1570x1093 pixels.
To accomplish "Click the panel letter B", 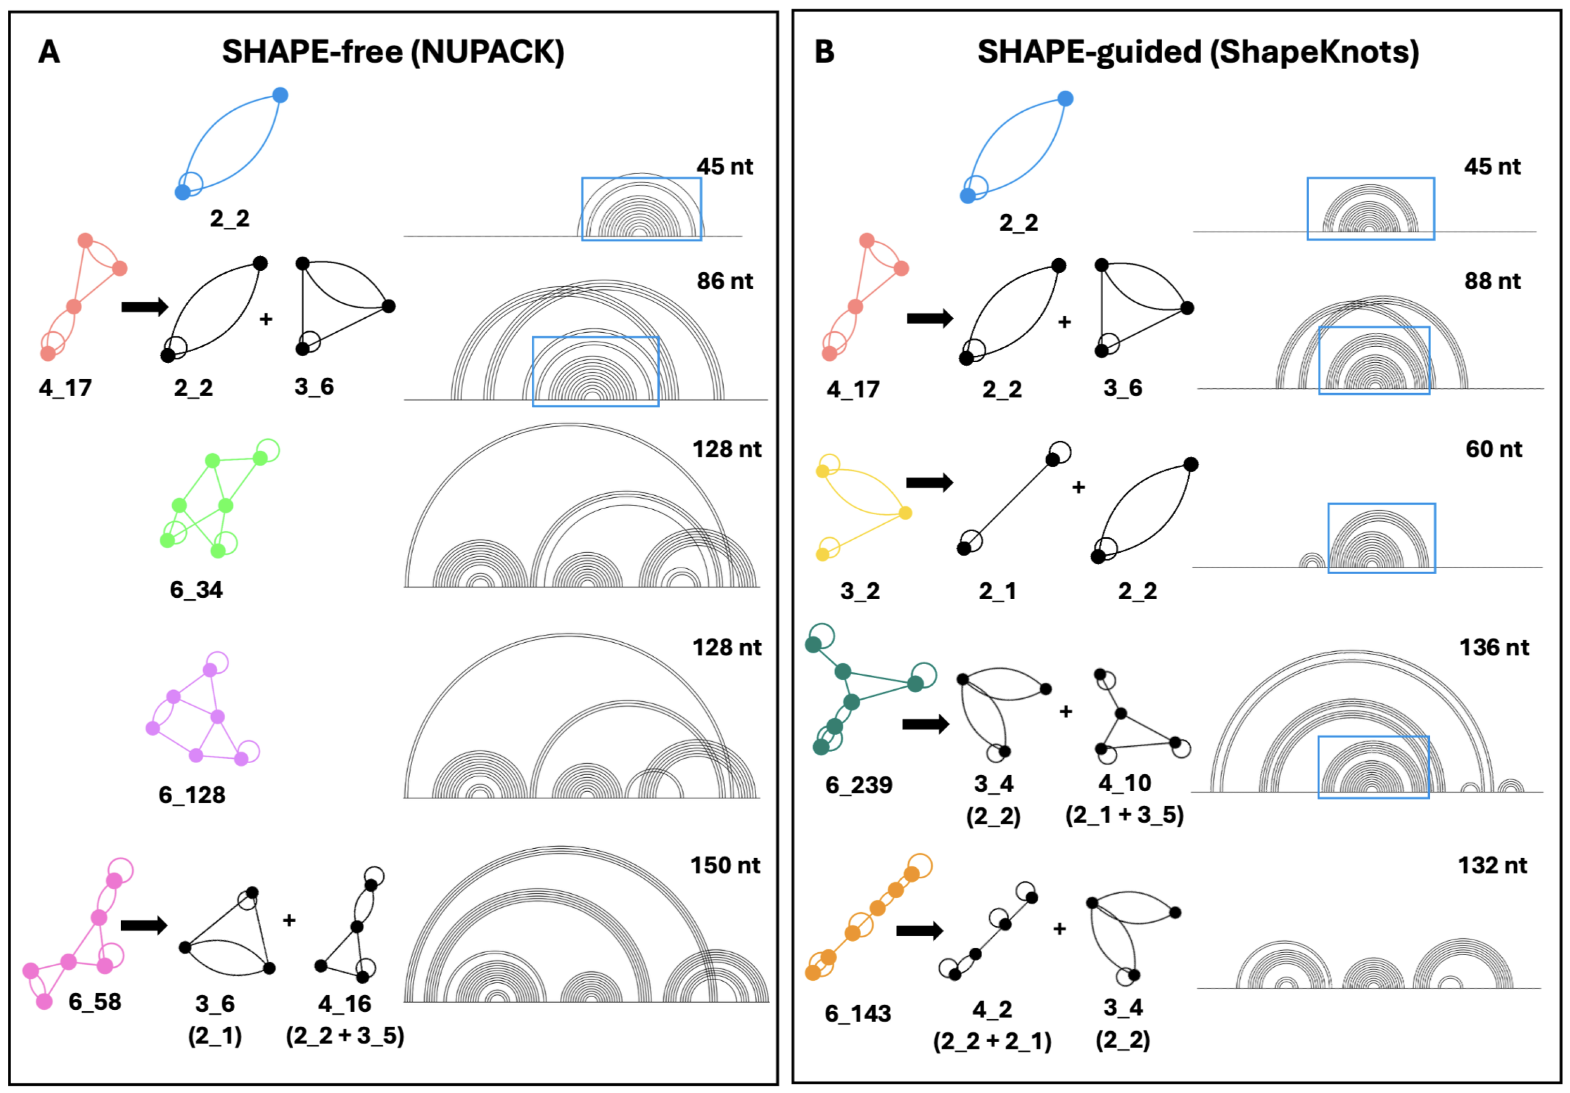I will pos(824,52).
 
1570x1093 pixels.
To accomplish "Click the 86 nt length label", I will pos(724,281).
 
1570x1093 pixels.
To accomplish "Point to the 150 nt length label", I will pos(724,865).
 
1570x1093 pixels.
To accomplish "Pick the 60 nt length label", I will pos(1494,449).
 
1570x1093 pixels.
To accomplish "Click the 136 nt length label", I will pos(1494,647).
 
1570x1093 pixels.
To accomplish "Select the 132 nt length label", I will pos(1492,865).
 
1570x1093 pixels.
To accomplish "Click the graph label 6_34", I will pos(196,589).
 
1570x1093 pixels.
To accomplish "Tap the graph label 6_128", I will pos(192,795).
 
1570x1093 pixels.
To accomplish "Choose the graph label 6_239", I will pos(859,785).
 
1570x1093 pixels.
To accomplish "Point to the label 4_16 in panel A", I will pos(344,1004).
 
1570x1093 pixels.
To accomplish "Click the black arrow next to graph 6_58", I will pos(144,926).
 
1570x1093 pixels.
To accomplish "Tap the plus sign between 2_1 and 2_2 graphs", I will pos(1078,487).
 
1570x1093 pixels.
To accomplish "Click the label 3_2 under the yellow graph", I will pos(860,591).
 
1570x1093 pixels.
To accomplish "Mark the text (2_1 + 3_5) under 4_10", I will pos(1124,815).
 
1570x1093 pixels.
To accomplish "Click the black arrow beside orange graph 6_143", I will pos(919,931).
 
